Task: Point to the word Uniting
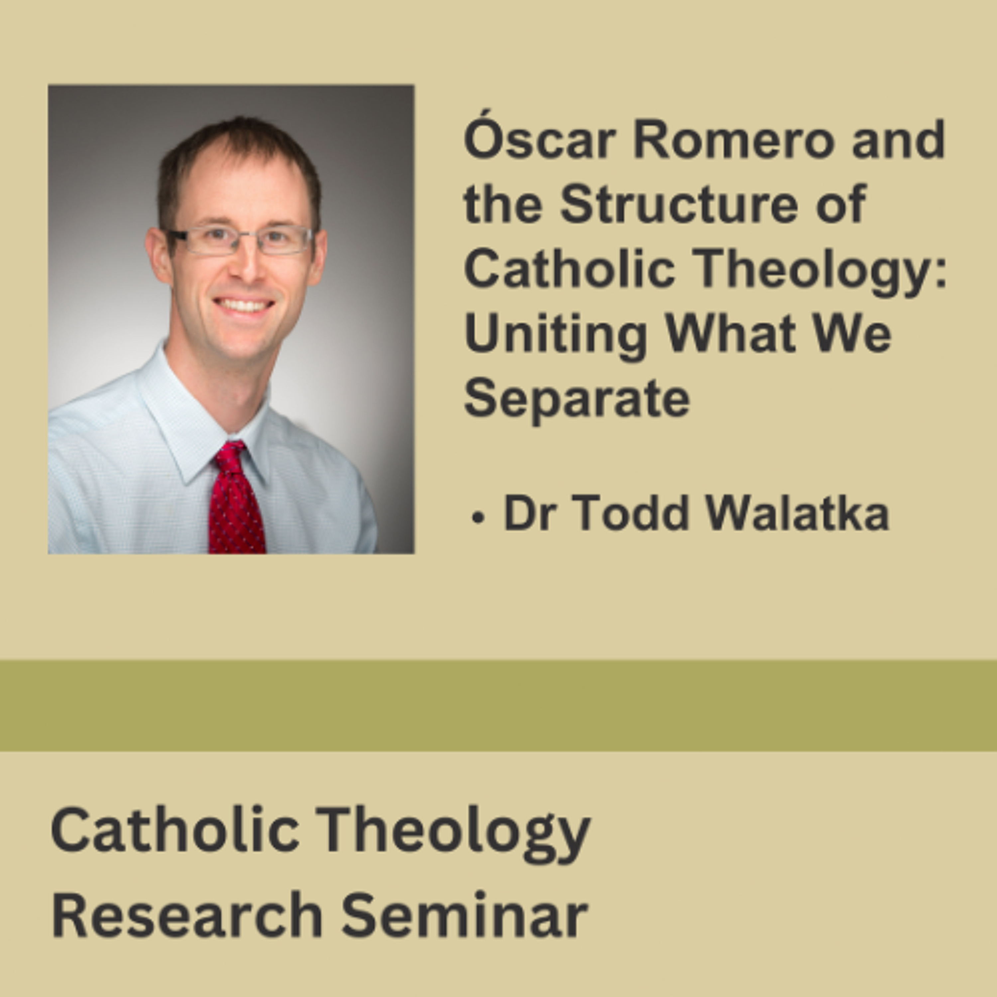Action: coord(556,335)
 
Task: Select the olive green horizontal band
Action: coord(498,706)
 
